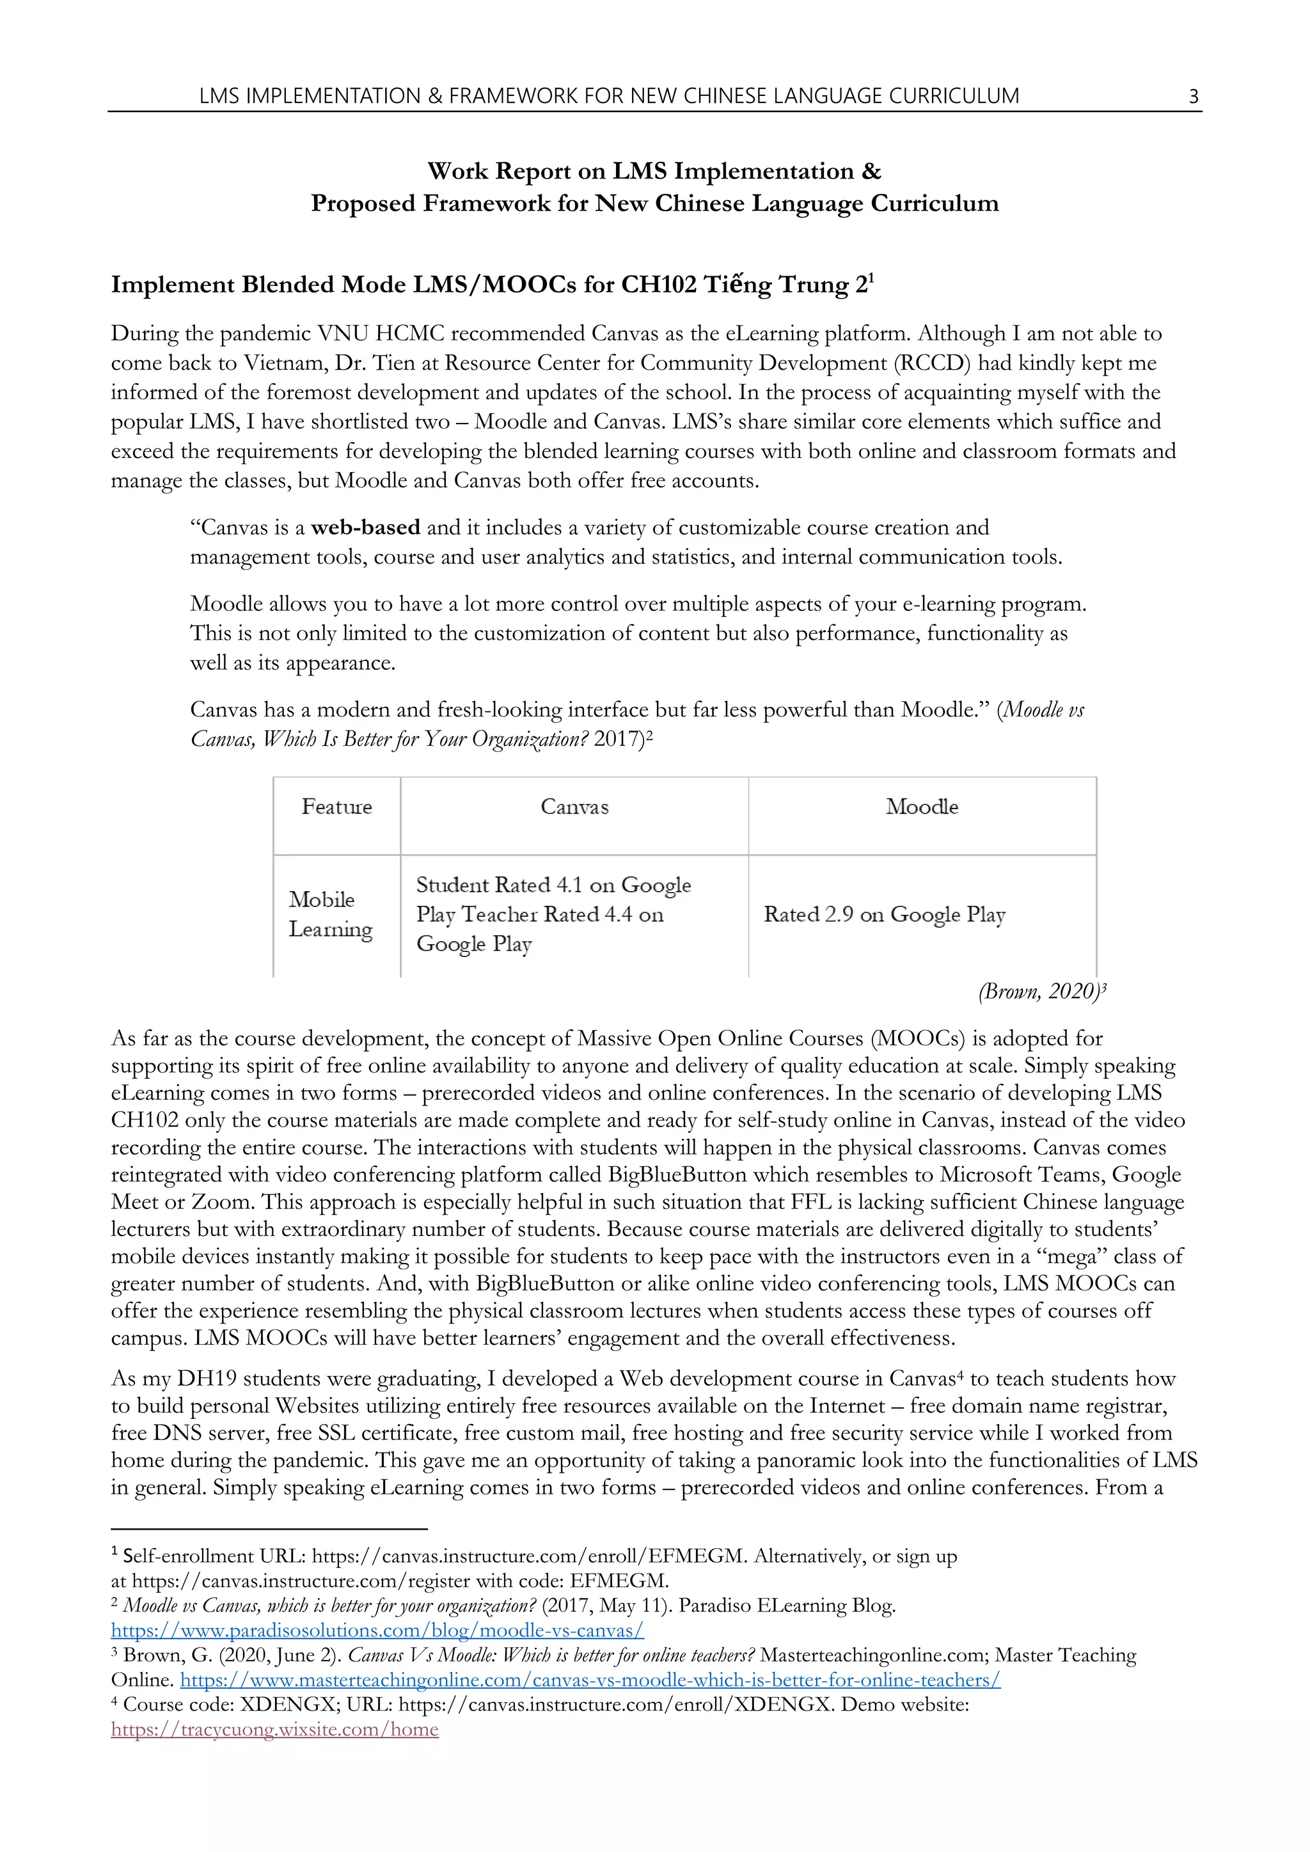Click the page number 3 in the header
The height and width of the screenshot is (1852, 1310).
(x=1193, y=97)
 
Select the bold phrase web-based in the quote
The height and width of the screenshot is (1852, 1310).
(x=365, y=528)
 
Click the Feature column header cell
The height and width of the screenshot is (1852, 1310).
(x=336, y=807)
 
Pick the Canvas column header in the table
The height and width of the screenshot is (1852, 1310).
(x=574, y=807)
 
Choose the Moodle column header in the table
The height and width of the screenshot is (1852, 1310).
(x=922, y=807)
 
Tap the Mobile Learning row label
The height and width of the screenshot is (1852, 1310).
(x=330, y=915)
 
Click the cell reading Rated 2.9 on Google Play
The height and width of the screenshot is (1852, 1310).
(x=884, y=915)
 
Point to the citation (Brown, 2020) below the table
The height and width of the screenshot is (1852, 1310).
(x=1040, y=992)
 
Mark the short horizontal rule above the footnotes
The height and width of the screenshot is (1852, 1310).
(x=269, y=1528)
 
